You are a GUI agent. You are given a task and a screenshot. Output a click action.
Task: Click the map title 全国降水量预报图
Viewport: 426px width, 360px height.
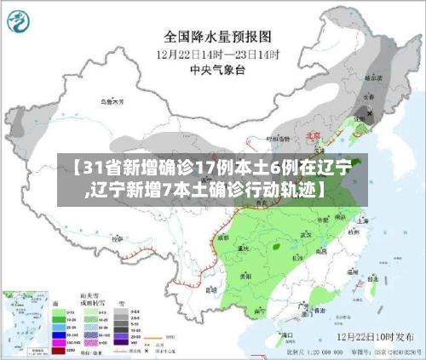click(x=217, y=37)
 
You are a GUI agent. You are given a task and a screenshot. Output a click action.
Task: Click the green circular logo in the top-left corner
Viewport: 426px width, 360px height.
click(x=23, y=23)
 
